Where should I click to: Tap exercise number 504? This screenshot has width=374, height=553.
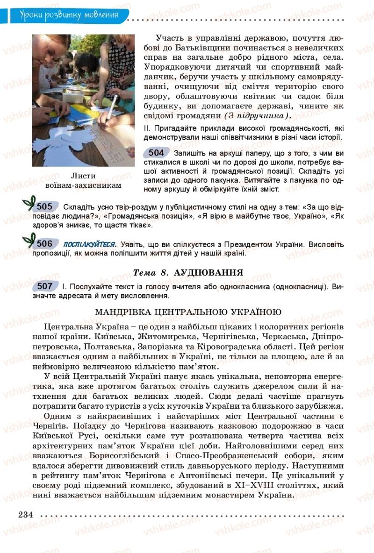tap(156, 153)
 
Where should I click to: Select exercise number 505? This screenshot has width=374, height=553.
tap(44, 206)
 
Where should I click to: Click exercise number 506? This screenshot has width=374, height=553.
tap(44, 243)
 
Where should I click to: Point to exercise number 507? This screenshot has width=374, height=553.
tap(45, 286)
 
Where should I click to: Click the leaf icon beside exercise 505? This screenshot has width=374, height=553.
tap(29, 204)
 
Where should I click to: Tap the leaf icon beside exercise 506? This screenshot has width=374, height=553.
tap(29, 241)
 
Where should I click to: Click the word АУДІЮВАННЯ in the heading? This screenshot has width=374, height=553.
tap(208, 272)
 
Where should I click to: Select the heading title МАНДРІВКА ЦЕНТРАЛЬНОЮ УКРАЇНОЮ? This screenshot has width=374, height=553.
tap(188, 312)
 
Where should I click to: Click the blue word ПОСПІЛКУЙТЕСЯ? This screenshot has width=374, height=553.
tap(89, 244)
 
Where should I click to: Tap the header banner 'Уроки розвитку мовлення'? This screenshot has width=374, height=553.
tap(69, 15)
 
